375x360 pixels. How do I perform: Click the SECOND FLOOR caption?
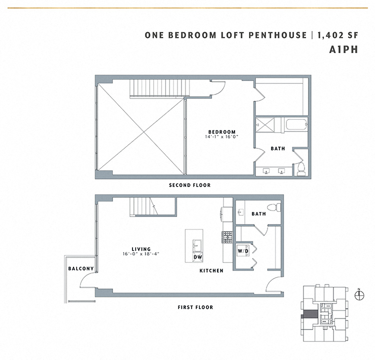(189, 185)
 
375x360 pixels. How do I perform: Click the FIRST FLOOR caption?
(195, 307)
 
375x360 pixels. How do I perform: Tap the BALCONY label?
(81, 269)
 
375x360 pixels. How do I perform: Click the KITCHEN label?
(211, 270)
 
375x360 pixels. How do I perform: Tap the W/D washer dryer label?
(242, 250)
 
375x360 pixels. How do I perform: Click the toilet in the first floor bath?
(274, 207)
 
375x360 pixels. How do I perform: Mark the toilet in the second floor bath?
(301, 169)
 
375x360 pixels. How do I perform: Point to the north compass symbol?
(358, 295)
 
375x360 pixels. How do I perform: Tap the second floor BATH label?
(278, 148)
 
